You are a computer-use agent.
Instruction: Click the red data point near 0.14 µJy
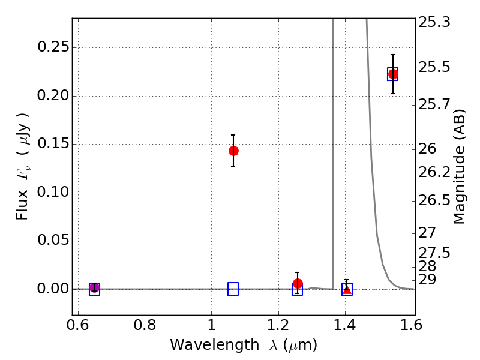(x=233, y=151)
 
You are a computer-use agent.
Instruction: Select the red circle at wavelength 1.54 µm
(x=393, y=74)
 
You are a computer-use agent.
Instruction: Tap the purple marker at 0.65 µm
(x=95, y=288)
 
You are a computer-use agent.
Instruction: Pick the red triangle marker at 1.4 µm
(x=347, y=289)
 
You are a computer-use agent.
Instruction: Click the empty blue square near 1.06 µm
(x=233, y=289)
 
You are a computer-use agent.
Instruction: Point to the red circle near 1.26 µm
(x=298, y=283)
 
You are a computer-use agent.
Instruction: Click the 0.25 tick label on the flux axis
(x=52, y=47)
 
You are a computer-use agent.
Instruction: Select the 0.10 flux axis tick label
(x=52, y=192)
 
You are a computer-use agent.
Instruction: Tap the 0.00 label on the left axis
(x=52, y=289)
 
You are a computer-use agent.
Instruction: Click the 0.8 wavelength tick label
(x=145, y=325)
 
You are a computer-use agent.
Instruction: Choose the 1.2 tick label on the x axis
(x=278, y=325)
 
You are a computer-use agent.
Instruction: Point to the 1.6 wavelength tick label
(x=412, y=325)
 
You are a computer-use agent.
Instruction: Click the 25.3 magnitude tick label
(x=434, y=22)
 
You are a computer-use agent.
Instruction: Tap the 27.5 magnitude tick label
(x=434, y=253)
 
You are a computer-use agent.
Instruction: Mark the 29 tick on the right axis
(x=427, y=280)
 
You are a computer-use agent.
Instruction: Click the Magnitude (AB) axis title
(x=458, y=167)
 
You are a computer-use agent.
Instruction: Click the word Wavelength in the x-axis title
(x=214, y=344)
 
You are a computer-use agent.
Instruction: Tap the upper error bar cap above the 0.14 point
(x=233, y=134)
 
